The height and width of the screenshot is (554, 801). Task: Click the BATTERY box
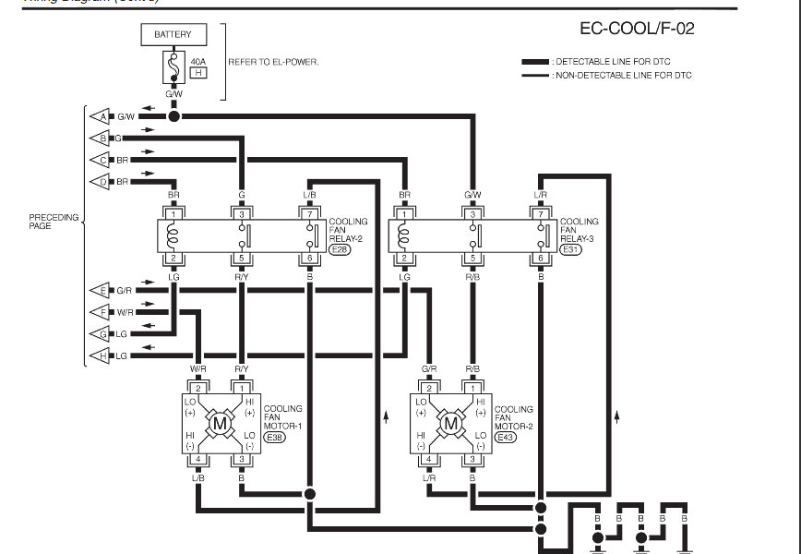click(x=173, y=34)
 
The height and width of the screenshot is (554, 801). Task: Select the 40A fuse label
click(x=197, y=61)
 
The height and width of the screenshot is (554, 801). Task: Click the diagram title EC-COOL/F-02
click(x=636, y=30)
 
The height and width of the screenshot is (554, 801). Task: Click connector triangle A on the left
click(x=100, y=116)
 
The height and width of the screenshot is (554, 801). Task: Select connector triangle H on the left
click(x=100, y=355)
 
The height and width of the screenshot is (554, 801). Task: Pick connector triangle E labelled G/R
click(x=100, y=290)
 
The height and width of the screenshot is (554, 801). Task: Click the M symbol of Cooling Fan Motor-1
click(x=220, y=424)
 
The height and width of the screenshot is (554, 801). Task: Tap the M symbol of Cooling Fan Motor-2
click(x=450, y=424)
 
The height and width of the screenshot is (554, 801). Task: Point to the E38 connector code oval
click(x=274, y=438)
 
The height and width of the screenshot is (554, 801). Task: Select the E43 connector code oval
click(x=505, y=438)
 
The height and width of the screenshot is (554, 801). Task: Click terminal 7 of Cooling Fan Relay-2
click(x=309, y=214)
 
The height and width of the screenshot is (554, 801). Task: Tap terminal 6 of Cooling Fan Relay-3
click(x=540, y=258)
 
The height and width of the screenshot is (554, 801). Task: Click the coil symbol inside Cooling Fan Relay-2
click(x=173, y=236)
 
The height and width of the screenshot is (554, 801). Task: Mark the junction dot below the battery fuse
click(x=173, y=116)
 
